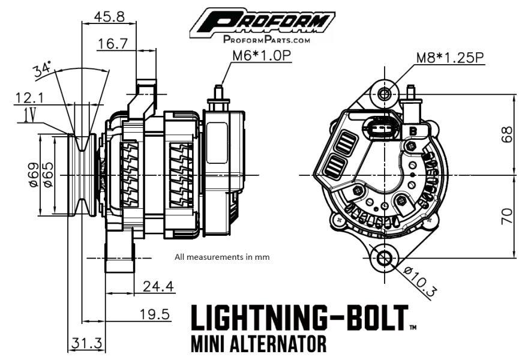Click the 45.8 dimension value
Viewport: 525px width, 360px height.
[109, 16]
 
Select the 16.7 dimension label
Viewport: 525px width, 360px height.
[113, 43]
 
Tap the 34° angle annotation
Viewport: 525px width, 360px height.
[43, 70]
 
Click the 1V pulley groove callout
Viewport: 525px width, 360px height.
[26, 115]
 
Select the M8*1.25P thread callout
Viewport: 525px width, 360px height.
[450, 58]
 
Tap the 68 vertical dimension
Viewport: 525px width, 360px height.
[507, 134]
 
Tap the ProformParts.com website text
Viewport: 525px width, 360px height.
[267, 40]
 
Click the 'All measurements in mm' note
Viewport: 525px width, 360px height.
[222, 257]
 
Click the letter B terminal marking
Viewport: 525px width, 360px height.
[413, 130]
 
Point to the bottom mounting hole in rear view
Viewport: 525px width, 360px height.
[383, 259]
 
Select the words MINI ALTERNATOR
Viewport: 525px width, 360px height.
[259, 344]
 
